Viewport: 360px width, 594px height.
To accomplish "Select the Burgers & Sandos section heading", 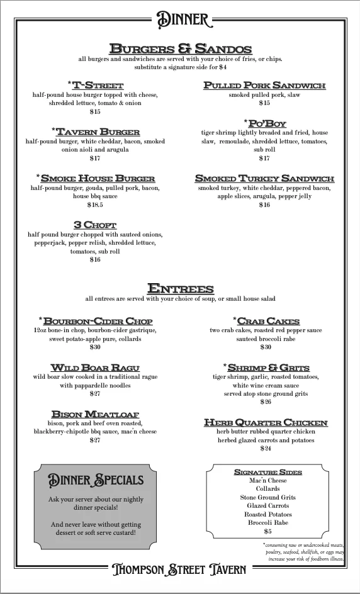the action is click(180, 49).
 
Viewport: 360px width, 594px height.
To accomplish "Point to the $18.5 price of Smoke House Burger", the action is click(95, 205).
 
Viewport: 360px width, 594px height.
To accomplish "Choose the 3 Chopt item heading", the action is click(95, 225).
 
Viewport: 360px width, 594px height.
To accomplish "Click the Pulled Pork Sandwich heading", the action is click(264, 85).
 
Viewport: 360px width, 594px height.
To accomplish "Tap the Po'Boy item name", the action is click(265, 123).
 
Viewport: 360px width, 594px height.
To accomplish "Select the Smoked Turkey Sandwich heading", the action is click(264, 178).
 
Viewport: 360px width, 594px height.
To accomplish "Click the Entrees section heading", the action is click(180, 289).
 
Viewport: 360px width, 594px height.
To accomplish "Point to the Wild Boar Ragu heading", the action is click(95, 367).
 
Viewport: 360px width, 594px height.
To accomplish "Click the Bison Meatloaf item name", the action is click(95, 413).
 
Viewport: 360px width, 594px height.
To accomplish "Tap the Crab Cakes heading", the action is click(266, 320).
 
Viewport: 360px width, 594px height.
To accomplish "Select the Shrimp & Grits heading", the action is click(266, 367).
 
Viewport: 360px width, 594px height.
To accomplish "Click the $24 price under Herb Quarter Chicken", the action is click(266, 449).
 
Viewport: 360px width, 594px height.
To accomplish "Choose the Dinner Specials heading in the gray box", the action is click(96, 481).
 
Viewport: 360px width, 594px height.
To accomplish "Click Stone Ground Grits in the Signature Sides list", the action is click(267, 497).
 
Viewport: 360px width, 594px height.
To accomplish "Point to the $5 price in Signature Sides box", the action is click(267, 531).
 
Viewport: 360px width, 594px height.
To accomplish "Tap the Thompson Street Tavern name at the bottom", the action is click(180, 569).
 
